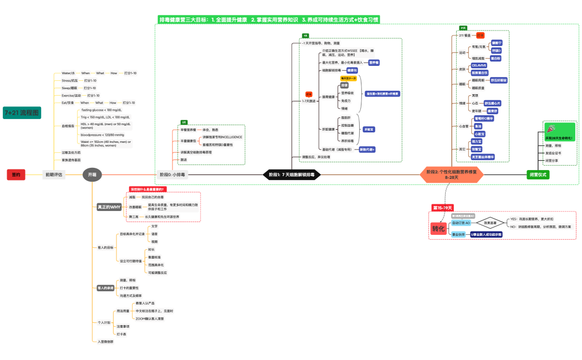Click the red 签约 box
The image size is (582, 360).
pyautogui.click(x=16, y=174)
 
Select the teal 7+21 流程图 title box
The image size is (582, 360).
pyautogui.click(x=22, y=112)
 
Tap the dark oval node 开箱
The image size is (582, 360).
pyautogui.click(x=92, y=174)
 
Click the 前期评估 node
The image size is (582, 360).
pyautogui.click(x=54, y=174)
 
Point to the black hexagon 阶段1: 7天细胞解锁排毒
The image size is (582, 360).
pyautogui.click(x=292, y=174)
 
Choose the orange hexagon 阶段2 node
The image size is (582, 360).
pyautogui.click(x=450, y=174)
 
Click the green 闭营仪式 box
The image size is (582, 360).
pyautogui.click(x=538, y=174)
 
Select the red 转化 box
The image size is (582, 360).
pyautogui.click(x=438, y=229)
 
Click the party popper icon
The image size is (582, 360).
pyautogui.click(x=551, y=128)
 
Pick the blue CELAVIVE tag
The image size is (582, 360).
pyautogui.click(x=479, y=65)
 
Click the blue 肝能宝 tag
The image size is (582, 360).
pyautogui.click(x=369, y=129)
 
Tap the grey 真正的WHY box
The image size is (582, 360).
pyautogui.click(x=109, y=207)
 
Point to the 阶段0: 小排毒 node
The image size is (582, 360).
pyautogui.click(x=172, y=174)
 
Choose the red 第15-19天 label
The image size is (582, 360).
pyautogui.click(x=442, y=208)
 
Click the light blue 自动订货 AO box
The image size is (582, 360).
pyautogui.click(x=461, y=223)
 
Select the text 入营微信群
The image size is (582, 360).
pyautogui.click(x=105, y=342)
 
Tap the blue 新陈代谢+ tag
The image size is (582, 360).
pyautogui.click(x=367, y=150)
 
